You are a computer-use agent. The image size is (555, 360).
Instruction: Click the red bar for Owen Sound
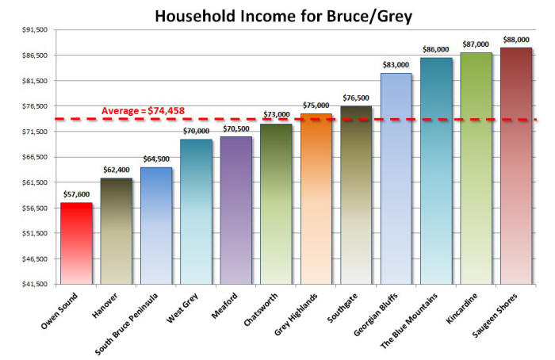tap(76, 243)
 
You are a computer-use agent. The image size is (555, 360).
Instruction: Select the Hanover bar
tap(116, 231)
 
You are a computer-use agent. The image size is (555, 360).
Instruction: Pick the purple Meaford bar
tap(236, 210)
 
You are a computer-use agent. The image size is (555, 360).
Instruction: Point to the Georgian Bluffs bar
tap(396, 178)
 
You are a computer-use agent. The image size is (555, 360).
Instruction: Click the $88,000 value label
tap(516, 40)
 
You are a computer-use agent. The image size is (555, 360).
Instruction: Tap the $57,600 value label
tap(76, 194)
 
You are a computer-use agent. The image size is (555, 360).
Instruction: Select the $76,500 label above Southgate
tap(356, 98)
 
